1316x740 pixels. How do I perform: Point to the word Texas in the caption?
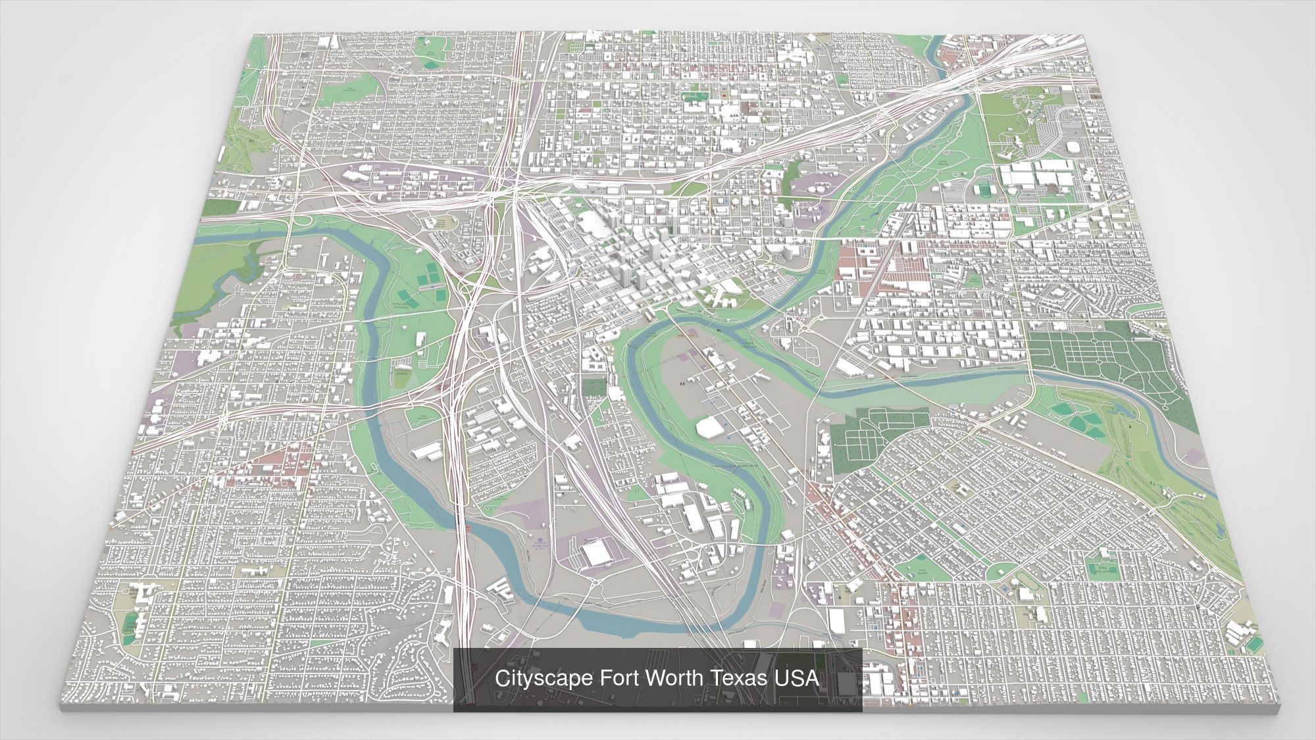pos(738,678)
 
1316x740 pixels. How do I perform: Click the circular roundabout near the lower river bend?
pos(594,581)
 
